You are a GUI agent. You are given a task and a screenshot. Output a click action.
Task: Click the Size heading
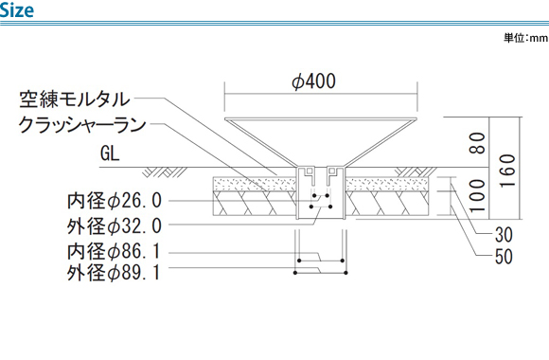pos(16,9)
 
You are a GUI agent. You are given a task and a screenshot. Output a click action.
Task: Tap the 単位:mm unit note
pos(525,38)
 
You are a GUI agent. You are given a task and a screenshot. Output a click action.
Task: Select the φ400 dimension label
pos(313,81)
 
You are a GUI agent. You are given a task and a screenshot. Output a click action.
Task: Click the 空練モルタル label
pos(75,99)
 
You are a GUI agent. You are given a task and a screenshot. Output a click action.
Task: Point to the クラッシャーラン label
pos(82,124)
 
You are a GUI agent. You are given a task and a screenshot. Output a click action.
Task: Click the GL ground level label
pos(110,153)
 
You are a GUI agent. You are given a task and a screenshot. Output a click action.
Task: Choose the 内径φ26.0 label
pos(115,201)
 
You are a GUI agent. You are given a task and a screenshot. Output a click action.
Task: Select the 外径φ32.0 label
pos(115,225)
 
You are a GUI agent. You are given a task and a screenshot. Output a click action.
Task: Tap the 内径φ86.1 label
pos(115,251)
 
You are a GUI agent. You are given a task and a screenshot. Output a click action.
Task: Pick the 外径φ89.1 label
pos(115,272)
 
